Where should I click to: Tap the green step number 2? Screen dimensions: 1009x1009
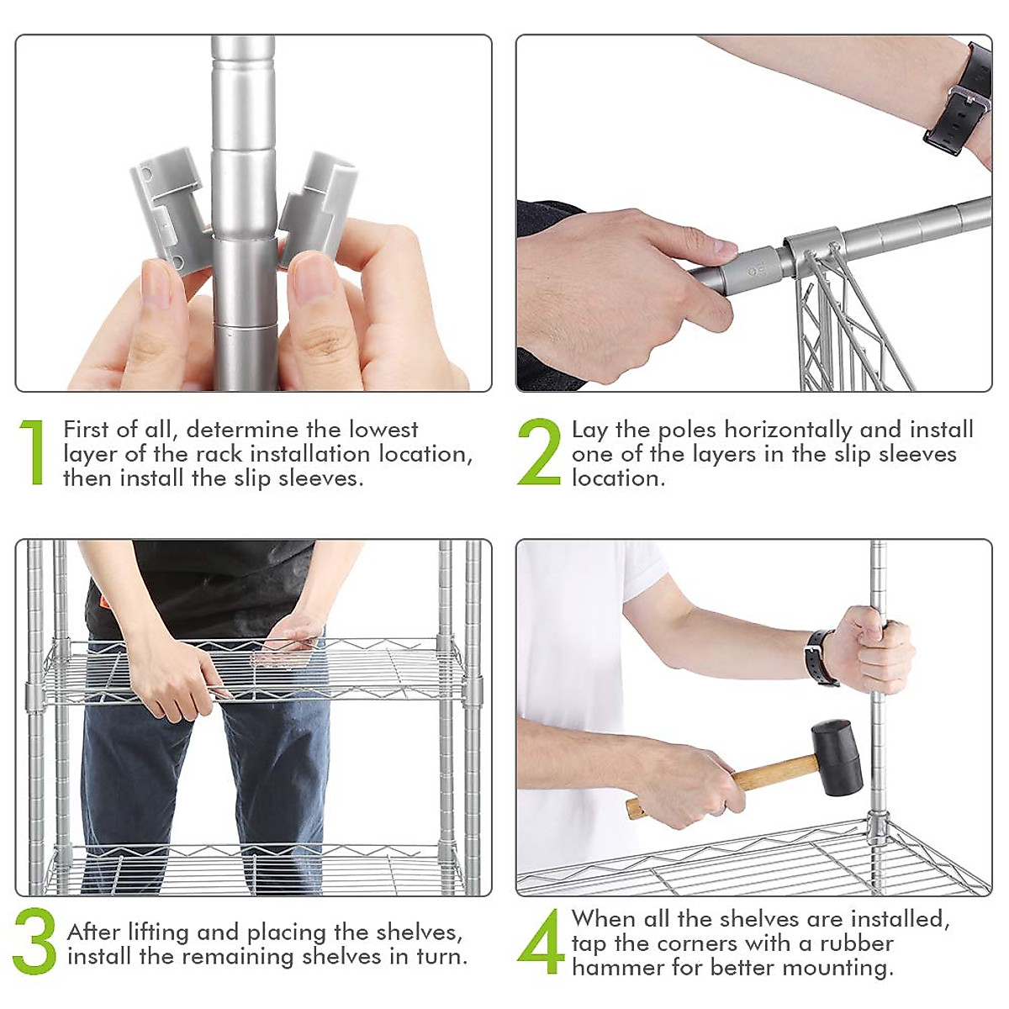(x=539, y=452)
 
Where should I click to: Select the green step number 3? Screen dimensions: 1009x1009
(x=34, y=941)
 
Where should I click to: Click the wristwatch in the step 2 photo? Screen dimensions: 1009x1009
(x=959, y=99)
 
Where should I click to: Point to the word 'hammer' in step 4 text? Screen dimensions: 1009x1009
(x=618, y=968)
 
